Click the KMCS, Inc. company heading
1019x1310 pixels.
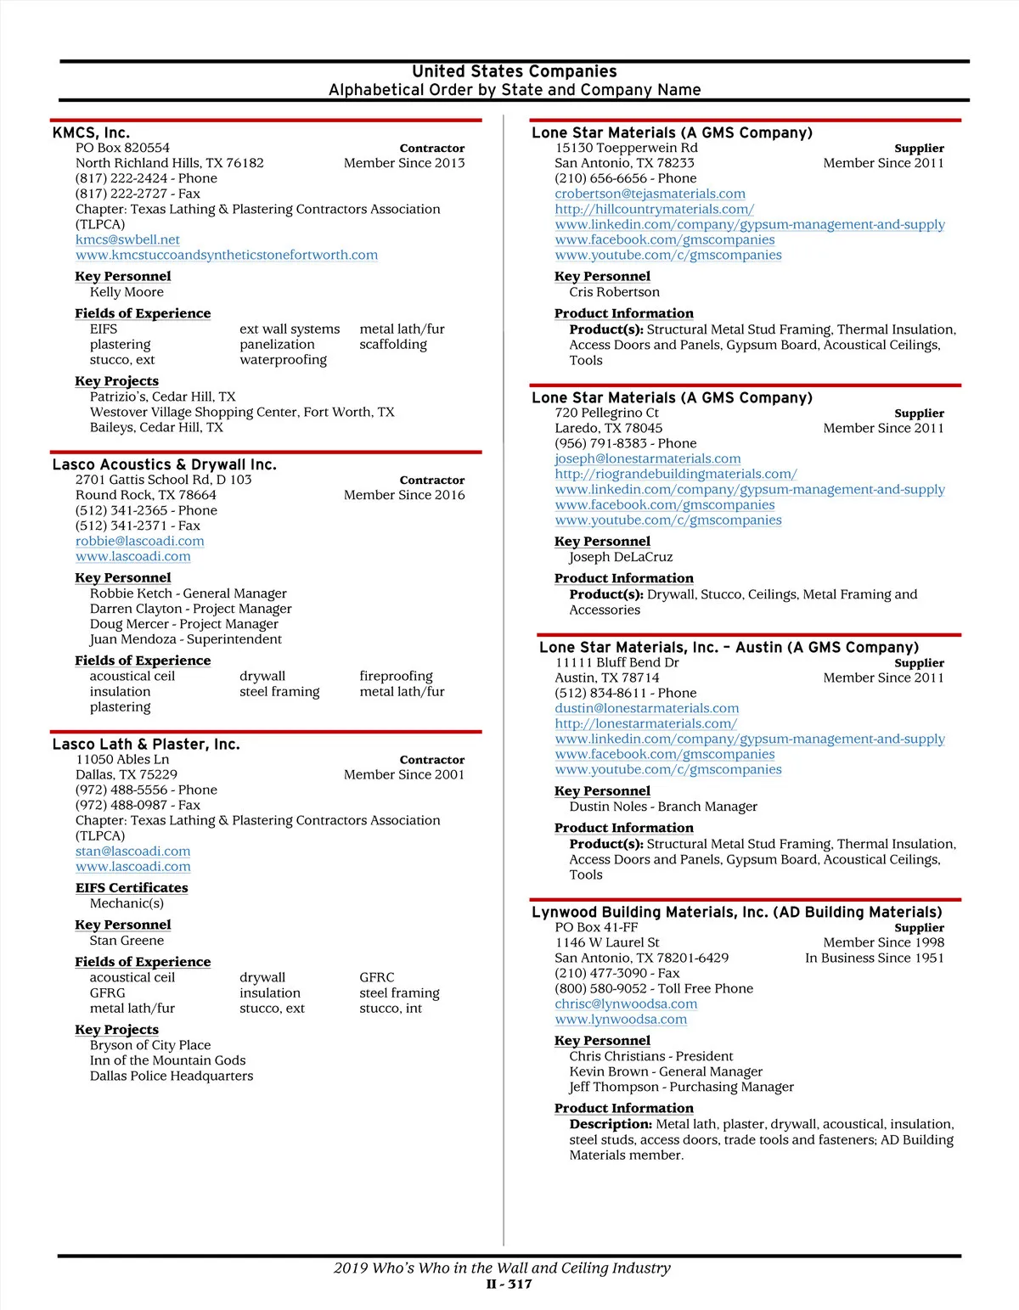(91, 133)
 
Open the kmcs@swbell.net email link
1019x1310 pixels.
(127, 240)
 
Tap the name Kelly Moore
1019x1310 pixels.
(127, 292)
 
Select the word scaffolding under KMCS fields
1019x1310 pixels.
(393, 345)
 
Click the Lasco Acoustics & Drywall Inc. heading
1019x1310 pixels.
(164, 465)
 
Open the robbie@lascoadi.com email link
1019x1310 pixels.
(139, 542)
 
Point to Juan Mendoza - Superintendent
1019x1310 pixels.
(185, 639)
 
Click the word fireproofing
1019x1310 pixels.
(396, 677)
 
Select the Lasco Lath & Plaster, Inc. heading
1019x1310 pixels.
(146, 745)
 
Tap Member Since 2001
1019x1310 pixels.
(404, 775)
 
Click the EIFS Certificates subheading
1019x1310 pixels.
(132, 888)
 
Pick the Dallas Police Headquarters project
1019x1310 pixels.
(172, 1076)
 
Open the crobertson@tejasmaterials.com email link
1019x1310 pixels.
(650, 194)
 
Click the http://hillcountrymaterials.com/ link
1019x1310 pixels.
(654, 210)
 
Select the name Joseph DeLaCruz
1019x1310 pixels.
(621, 557)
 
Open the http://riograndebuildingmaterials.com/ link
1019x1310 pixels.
(676, 475)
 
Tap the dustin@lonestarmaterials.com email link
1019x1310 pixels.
(646, 709)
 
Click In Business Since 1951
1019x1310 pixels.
(875, 959)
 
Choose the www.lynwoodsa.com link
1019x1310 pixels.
(621, 1020)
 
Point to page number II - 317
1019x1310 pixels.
(509, 1285)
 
